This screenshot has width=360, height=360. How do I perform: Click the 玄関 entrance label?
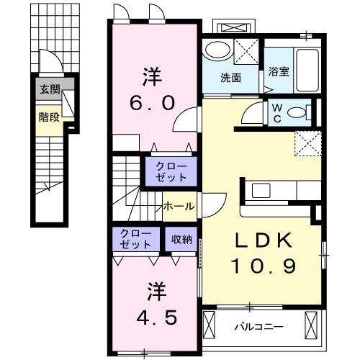click(x=50, y=90)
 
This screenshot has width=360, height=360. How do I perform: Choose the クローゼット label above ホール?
click(x=171, y=172)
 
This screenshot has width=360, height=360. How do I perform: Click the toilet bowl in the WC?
click(x=308, y=112)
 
